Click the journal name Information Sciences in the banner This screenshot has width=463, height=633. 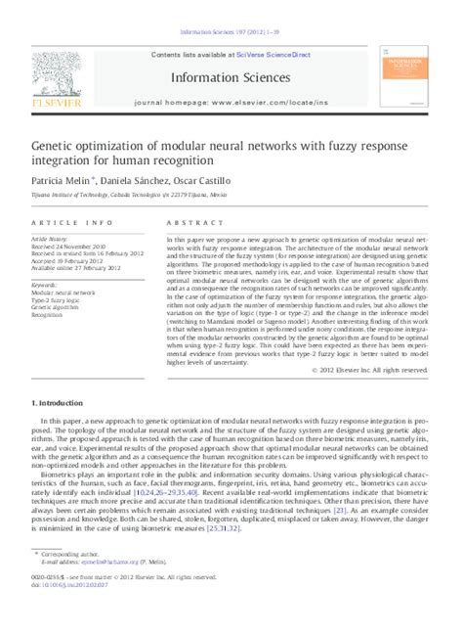click(x=231, y=75)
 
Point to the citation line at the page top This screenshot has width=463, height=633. click(x=231, y=15)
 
